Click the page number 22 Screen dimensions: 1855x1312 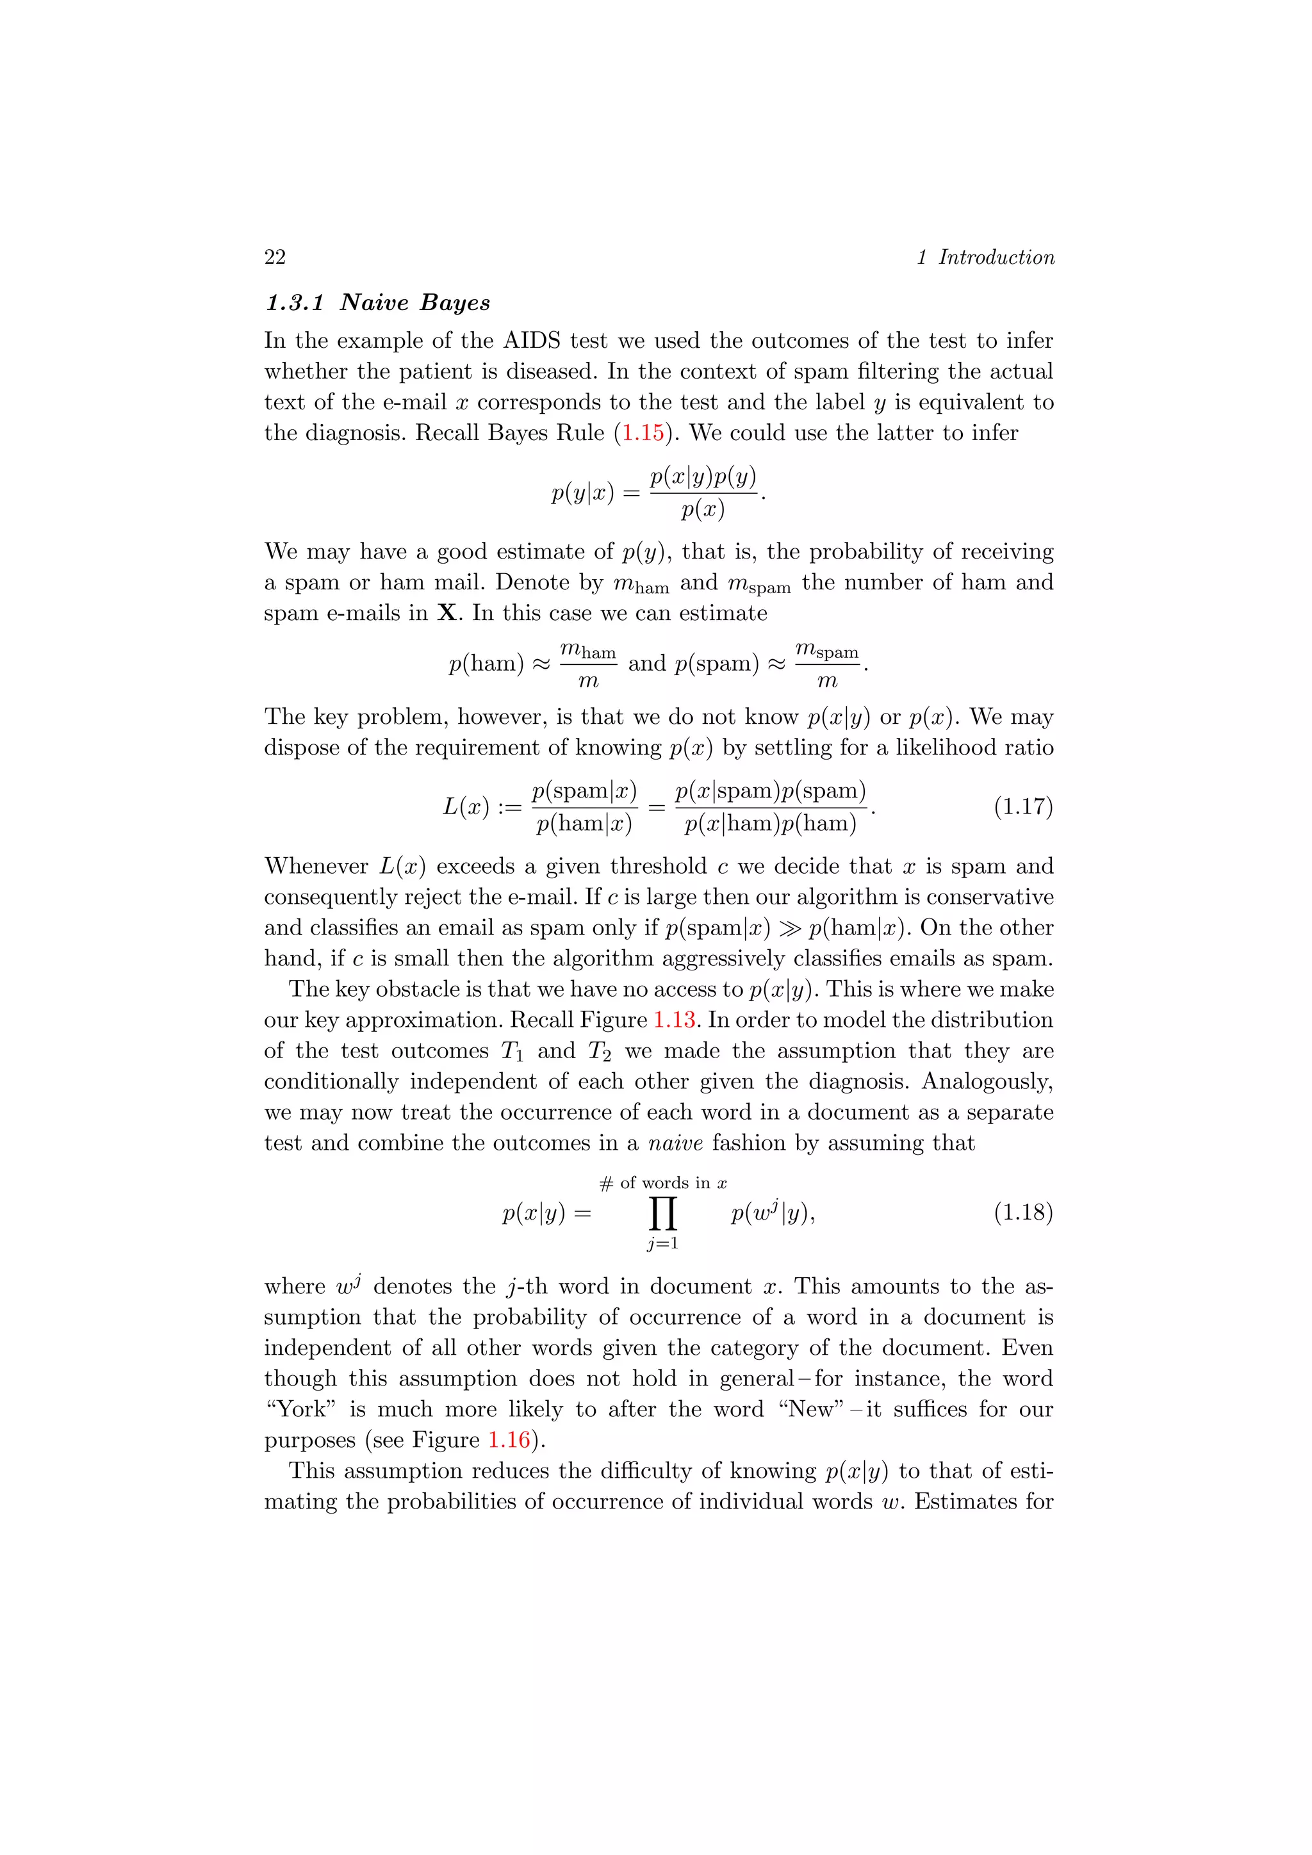tap(275, 257)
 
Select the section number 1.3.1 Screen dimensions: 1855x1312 tap(295, 303)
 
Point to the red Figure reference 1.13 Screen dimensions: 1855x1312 tap(675, 1020)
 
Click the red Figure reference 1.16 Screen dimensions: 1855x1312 tap(510, 1440)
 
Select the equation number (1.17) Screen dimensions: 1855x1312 tap(1023, 806)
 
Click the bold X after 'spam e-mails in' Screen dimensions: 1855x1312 tap(446, 613)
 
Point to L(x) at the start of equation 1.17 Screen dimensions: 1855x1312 tap(466, 806)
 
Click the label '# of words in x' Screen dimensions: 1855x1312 tap(663, 1184)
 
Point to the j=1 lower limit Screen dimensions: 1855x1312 tap(662, 1244)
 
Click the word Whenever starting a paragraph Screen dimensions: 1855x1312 tap(316, 866)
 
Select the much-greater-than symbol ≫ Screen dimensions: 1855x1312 tap(789, 928)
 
